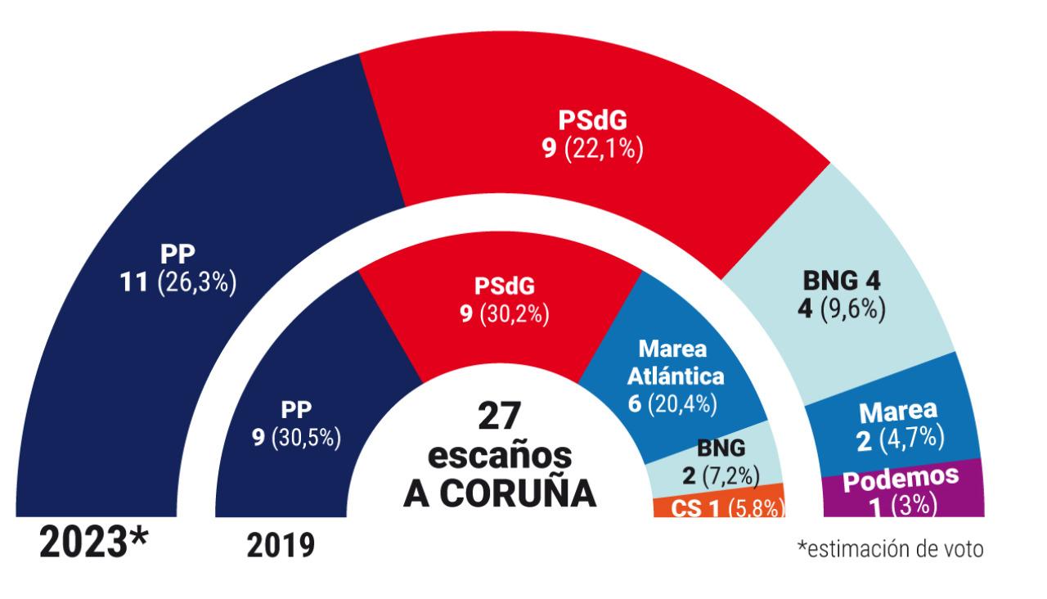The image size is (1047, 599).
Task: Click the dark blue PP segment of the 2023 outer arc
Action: [123, 344]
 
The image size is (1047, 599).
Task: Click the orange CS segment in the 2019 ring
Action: [720, 506]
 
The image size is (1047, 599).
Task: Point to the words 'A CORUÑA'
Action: [500, 493]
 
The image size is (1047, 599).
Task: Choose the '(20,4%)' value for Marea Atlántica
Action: [684, 403]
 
